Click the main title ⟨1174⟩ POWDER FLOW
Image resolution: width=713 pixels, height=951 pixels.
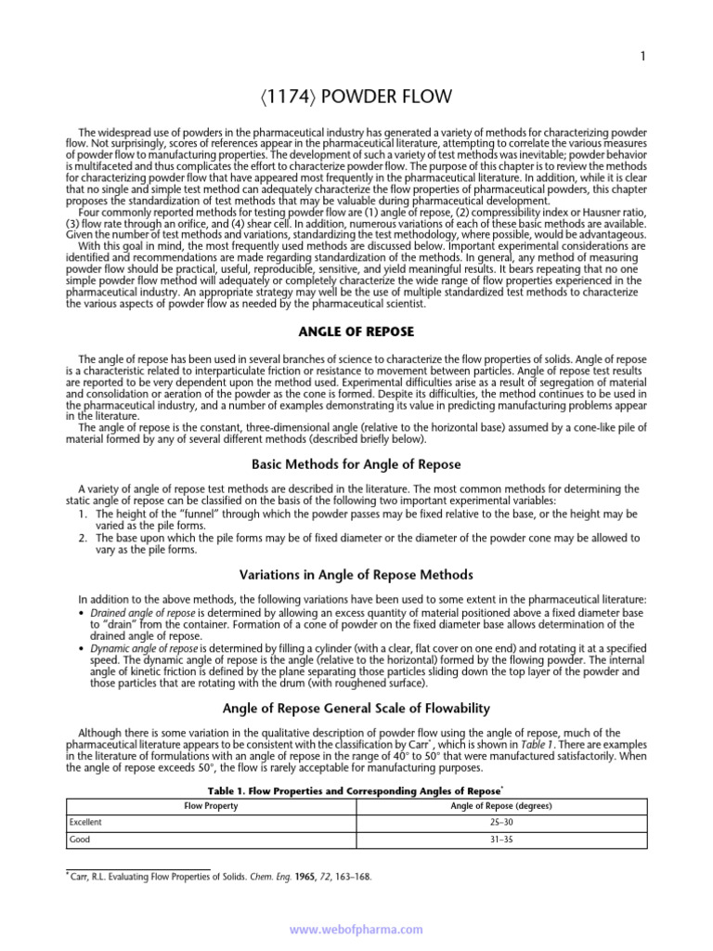[356, 96]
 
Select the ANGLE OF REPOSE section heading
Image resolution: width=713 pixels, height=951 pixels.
[356, 332]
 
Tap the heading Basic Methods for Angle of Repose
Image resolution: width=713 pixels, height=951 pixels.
[356, 464]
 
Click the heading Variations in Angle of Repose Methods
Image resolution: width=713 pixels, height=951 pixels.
[356, 574]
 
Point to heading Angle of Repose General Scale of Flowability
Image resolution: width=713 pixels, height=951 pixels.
[356, 708]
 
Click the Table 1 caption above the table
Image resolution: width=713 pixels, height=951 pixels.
[356, 790]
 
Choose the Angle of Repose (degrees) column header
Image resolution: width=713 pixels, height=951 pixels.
[501, 806]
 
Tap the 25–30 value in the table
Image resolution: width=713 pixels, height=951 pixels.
[501, 823]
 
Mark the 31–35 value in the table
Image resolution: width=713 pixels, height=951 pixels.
[501, 840]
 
